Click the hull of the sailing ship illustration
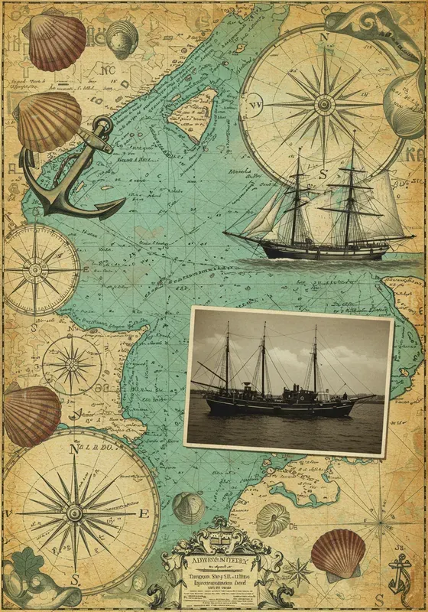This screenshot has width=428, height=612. tap(321, 251)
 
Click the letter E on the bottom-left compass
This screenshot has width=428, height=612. tap(142, 514)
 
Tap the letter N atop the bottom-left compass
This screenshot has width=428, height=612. tap(74, 450)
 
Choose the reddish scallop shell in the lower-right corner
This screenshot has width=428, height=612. tap(339, 552)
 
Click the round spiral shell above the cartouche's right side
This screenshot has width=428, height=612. tap(272, 520)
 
